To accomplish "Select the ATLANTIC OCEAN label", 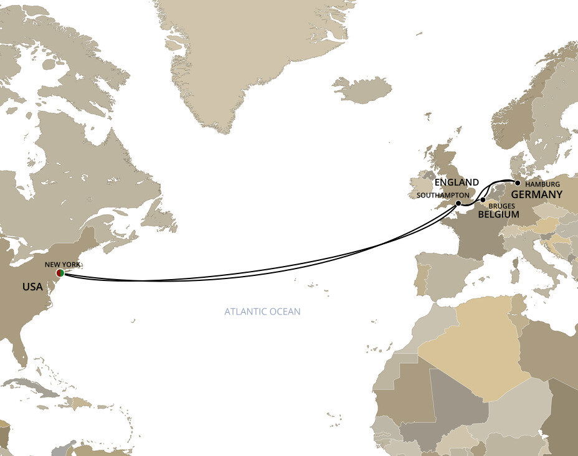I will (x=262, y=311).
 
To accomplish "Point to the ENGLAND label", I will (x=457, y=183).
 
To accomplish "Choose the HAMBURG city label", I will (x=542, y=184).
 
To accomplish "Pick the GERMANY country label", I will (x=537, y=194).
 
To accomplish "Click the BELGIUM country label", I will (x=498, y=214).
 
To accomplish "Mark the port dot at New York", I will (x=60, y=273).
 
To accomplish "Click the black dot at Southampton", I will (x=458, y=203).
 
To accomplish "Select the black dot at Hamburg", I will (x=518, y=183).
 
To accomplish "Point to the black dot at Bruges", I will (x=483, y=200).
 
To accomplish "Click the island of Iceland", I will (x=361, y=90).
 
